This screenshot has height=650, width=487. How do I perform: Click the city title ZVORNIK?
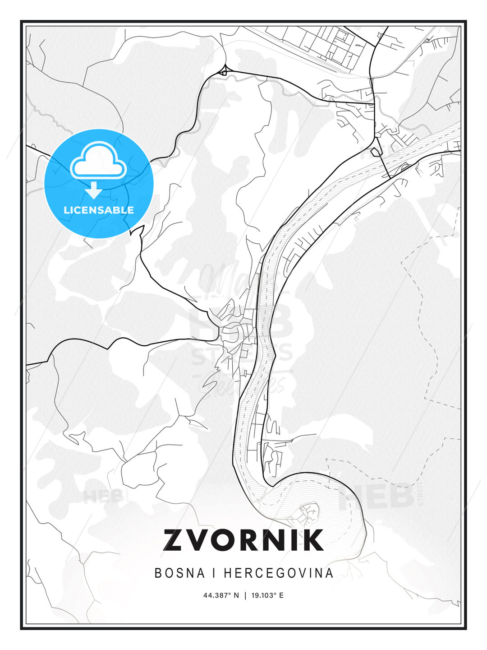click(x=243, y=540)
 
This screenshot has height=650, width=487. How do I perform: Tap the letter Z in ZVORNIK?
click(x=175, y=540)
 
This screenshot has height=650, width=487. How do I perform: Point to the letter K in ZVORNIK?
click(x=312, y=540)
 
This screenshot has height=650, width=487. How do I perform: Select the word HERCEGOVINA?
click(x=279, y=573)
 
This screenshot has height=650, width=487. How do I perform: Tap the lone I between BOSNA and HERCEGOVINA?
click(x=211, y=573)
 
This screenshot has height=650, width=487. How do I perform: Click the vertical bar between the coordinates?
click(x=245, y=595)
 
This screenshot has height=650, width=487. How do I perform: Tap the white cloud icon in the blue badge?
click(x=98, y=162)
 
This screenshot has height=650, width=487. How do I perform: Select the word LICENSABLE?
click(x=99, y=210)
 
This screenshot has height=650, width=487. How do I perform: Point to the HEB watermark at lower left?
click(x=103, y=496)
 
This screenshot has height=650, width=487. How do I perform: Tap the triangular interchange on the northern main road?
click(x=223, y=71)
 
